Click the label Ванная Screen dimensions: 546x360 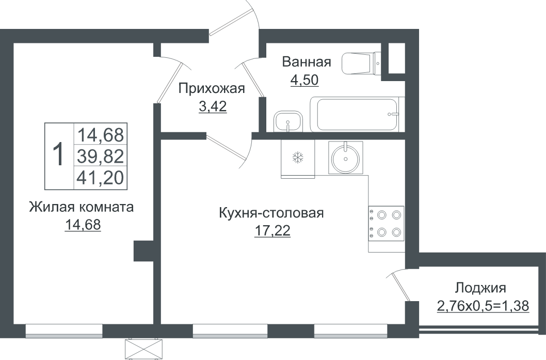pos(307,62)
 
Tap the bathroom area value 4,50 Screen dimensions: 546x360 pos(304,80)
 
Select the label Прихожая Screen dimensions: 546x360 pos(212,88)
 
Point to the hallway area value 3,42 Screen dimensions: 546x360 pos(213,106)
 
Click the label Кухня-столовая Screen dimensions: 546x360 pos(271,213)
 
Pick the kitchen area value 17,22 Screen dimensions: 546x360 pos(272,231)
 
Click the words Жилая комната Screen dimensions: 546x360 pos(82,207)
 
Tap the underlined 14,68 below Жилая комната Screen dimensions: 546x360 pos(83,225)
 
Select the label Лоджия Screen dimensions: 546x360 pos(480,289)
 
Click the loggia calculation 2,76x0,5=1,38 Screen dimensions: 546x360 pos(483,306)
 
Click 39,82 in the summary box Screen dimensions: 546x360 pos(100,156)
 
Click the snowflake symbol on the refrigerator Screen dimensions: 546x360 pos(298,158)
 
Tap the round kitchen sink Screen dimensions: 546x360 pos(345,159)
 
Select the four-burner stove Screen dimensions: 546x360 pos(386,224)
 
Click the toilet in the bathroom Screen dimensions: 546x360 pos(362,64)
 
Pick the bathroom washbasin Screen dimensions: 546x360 pos(288,121)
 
